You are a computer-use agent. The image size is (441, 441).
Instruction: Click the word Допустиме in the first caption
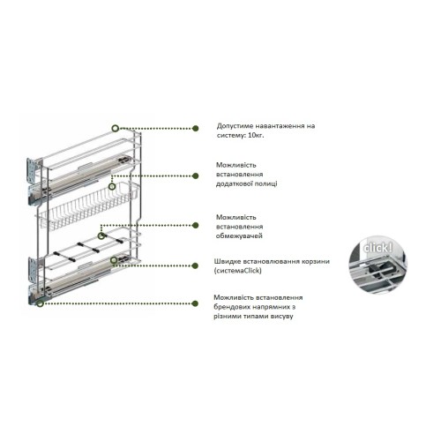[235, 126]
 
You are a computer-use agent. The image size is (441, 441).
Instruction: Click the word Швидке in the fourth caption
[229, 261]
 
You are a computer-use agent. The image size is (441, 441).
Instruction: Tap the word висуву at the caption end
[292, 316]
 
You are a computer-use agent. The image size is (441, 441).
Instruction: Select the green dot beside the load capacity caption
[195, 128]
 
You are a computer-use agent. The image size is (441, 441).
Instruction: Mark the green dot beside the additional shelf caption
[195, 176]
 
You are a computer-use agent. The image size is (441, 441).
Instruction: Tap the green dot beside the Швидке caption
[195, 265]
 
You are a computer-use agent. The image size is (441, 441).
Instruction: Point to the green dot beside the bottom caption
[195, 302]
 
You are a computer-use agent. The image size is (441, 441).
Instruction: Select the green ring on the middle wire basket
[113, 186]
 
